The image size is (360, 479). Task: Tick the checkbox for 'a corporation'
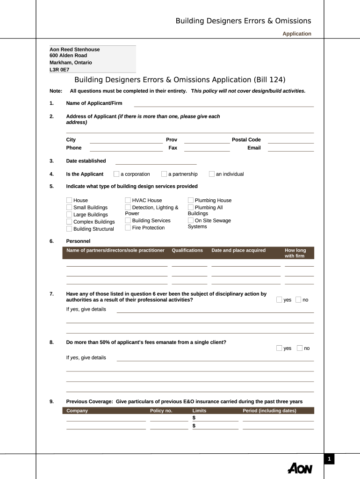(x=116, y=174)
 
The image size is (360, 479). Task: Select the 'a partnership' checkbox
(x=164, y=174)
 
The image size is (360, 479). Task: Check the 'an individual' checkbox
(x=212, y=174)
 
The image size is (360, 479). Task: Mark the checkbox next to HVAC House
(x=128, y=200)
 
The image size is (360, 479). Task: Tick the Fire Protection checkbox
(x=128, y=228)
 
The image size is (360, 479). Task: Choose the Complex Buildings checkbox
(x=69, y=222)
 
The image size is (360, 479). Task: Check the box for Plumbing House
(x=191, y=200)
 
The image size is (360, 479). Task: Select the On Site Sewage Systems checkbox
(x=191, y=220)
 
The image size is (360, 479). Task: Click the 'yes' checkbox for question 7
(x=279, y=300)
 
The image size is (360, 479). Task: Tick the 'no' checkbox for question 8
(x=300, y=348)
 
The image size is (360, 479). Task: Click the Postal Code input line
(x=290, y=140)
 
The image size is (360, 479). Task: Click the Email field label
(x=254, y=148)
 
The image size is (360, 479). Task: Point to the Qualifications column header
(x=187, y=250)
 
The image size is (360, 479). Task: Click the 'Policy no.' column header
(x=161, y=411)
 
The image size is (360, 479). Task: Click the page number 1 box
(x=329, y=459)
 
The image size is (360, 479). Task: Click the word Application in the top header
(x=297, y=34)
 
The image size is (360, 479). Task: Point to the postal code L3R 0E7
(x=59, y=70)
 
